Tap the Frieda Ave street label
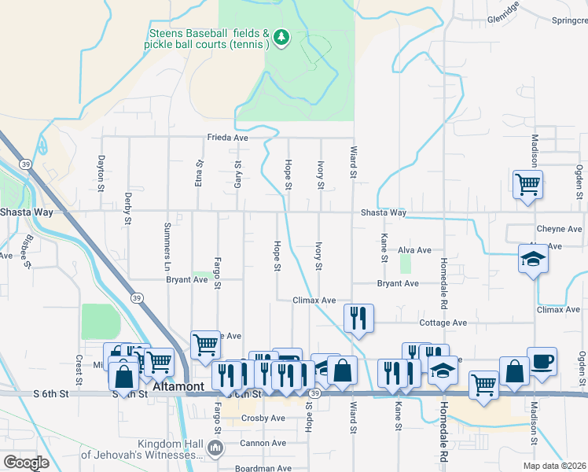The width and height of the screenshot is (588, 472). pyautogui.click(x=228, y=137)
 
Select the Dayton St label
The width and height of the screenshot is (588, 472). pyautogui.click(x=101, y=173)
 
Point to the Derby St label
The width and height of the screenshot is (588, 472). pyautogui.click(x=127, y=208)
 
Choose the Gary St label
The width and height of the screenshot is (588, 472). pyautogui.click(x=237, y=171)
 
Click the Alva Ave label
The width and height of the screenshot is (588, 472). pyautogui.click(x=414, y=250)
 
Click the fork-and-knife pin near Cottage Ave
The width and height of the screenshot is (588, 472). pyautogui.click(x=358, y=318)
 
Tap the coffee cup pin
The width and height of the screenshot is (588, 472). pyautogui.click(x=542, y=363)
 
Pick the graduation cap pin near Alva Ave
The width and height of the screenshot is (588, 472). pyautogui.click(x=533, y=260)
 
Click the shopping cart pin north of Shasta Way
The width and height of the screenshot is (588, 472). pyautogui.click(x=527, y=185)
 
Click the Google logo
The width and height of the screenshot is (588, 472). pyautogui.click(x=27, y=463)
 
